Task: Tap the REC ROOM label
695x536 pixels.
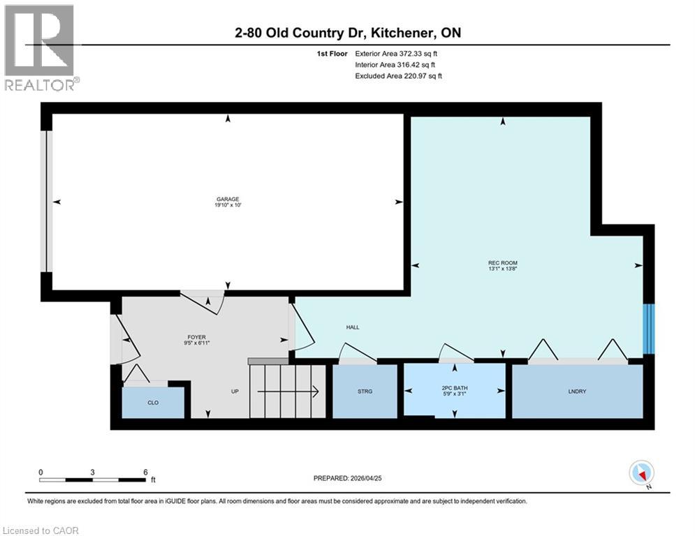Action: (x=502, y=263)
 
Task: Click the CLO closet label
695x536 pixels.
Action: (x=153, y=403)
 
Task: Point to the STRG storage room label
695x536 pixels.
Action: (x=365, y=391)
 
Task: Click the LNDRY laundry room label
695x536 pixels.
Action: (x=576, y=392)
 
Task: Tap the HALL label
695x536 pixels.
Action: (x=353, y=327)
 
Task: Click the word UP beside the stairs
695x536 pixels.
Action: (x=235, y=391)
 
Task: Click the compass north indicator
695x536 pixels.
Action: (x=641, y=474)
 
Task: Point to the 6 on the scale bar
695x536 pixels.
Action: (x=145, y=472)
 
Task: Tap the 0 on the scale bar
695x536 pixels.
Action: (x=41, y=472)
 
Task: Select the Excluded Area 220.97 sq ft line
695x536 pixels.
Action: (x=398, y=75)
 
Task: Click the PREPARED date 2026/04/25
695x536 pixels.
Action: (x=349, y=478)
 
